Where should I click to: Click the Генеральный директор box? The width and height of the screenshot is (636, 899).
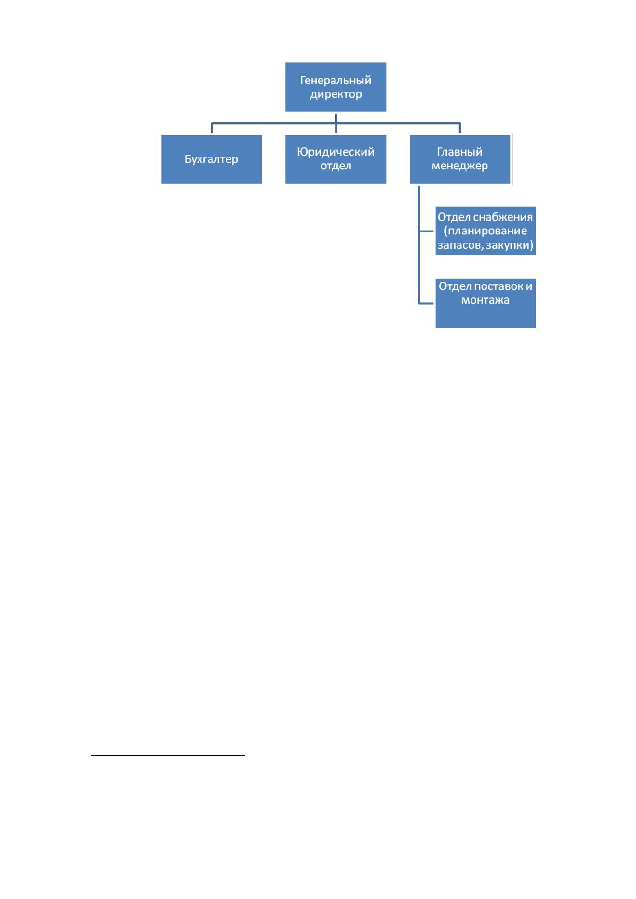pyautogui.click(x=336, y=86)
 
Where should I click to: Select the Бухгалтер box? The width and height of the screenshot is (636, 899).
pyautogui.click(x=211, y=159)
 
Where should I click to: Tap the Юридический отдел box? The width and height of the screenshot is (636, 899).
pyautogui.click(x=336, y=159)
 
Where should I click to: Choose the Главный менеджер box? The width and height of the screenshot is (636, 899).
pyautogui.click(x=460, y=159)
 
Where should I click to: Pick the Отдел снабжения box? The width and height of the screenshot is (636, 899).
pyautogui.click(x=485, y=231)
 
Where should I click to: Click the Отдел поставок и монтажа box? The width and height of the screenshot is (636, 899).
pyautogui.click(x=485, y=303)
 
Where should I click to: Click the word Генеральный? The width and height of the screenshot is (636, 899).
pyautogui.click(x=336, y=80)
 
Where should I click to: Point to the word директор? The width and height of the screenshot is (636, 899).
pyautogui.click(x=336, y=94)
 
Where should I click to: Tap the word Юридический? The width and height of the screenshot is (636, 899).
pyautogui.click(x=336, y=152)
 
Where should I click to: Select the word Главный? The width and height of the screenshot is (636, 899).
pyautogui.click(x=460, y=152)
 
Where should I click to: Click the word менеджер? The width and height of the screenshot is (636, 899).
pyautogui.click(x=460, y=166)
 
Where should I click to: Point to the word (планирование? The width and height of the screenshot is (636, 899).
pyautogui.click(x=485, y=231)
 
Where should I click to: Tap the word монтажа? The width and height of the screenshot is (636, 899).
pyautogui.click(x=485, y=300)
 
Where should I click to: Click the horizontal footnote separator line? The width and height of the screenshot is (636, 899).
pyautogui.click(x=167, y=755)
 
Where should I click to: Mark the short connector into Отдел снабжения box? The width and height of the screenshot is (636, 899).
pyautogui.click(x=426, y=231)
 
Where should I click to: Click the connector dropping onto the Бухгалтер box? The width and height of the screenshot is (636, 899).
pyautogui.click(x=212, y=128)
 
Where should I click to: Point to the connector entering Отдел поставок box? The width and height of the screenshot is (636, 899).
pyautogui.click(x=426, y=303)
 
